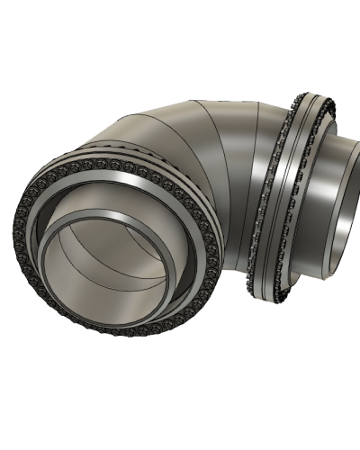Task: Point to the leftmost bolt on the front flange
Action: point(16,225)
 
